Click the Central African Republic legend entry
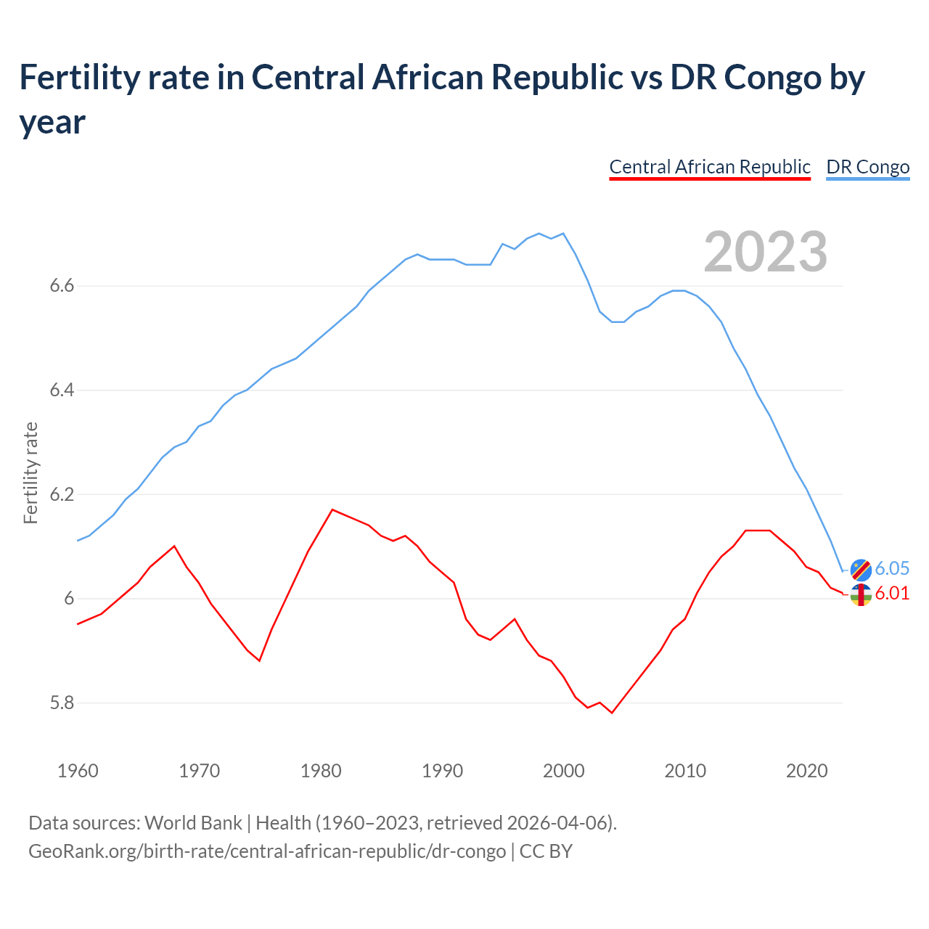709,167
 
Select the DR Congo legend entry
867,167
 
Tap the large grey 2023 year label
766,252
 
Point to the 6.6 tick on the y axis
62,286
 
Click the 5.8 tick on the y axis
62,703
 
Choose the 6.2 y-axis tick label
62,494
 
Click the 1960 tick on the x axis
78,771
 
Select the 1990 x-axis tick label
442,771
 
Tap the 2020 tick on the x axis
806,771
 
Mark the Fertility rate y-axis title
30,472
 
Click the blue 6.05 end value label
892,568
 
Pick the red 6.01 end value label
892,593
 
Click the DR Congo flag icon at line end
861,570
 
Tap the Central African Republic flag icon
861,595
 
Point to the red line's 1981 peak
332,509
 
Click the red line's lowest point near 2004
612,713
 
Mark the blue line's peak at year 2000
564,234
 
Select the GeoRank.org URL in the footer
267,851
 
